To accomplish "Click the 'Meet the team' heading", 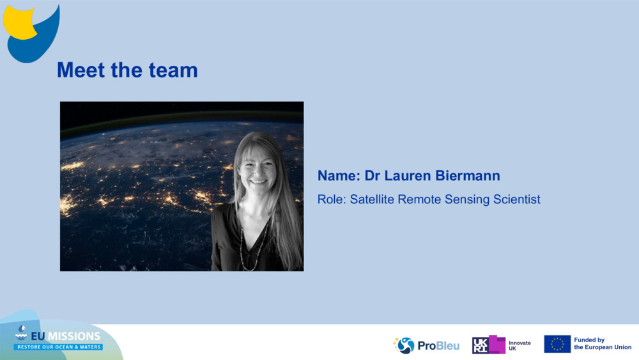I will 127,70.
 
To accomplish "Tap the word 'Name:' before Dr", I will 338,176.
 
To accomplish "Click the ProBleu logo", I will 426,345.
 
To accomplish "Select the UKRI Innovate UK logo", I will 501,345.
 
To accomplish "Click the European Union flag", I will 557,344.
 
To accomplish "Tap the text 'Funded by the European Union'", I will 602,344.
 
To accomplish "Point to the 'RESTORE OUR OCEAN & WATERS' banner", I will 58,347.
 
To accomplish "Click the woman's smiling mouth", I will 259,182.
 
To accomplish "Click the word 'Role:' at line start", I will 332,200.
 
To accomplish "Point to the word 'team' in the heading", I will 175,70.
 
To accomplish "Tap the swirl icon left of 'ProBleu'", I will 404,345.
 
